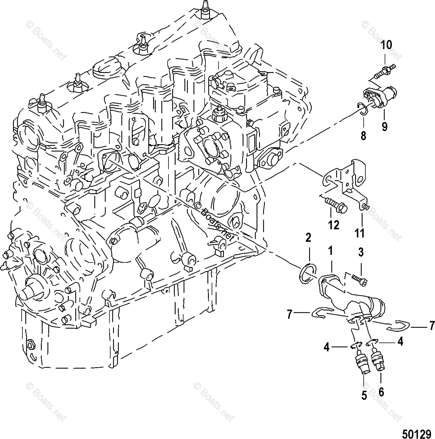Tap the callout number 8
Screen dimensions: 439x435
[363, 136]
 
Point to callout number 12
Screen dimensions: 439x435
[334, 225]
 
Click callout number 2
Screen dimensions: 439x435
[308, 238]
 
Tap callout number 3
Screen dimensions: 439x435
[361, 252]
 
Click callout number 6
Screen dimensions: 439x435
[381, 392]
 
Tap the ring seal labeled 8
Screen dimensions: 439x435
[363, 109]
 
